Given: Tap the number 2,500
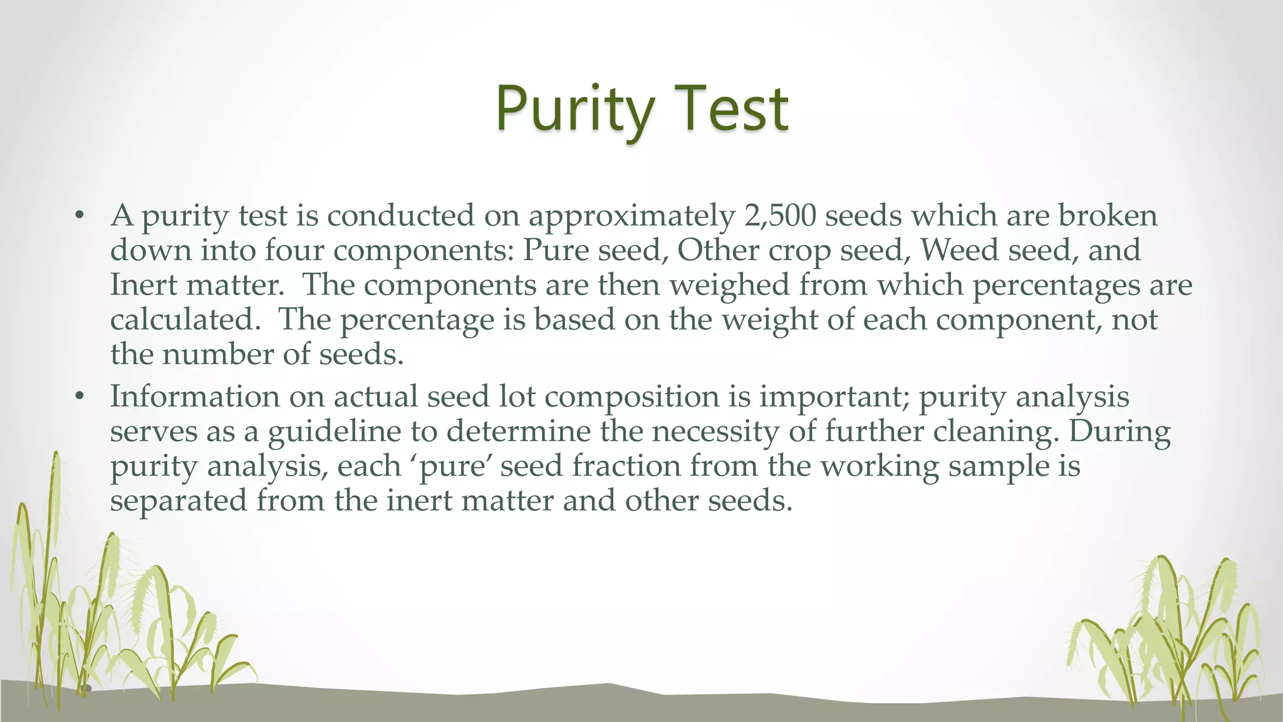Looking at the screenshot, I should coord(781,216).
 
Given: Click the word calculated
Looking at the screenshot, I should coord(185,320).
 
